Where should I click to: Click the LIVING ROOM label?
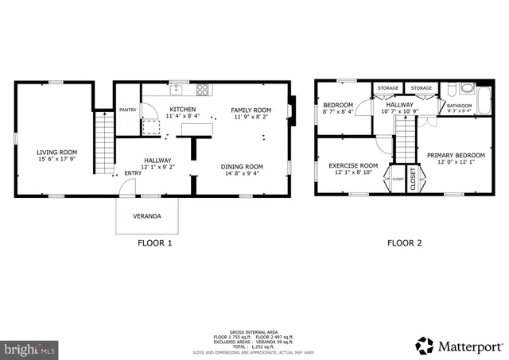tap(56, 152)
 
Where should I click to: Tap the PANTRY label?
tap(127, 110)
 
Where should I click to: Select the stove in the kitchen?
tap(203, 89)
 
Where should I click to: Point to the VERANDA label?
tap(147, 216)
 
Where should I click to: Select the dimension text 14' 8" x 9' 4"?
tap(242, 174)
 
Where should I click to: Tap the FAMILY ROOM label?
tap(251, 110)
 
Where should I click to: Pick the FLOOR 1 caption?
tap(154, 244)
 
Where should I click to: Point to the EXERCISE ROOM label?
tap(353, 165)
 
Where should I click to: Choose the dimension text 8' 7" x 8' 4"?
tap(338, 111)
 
